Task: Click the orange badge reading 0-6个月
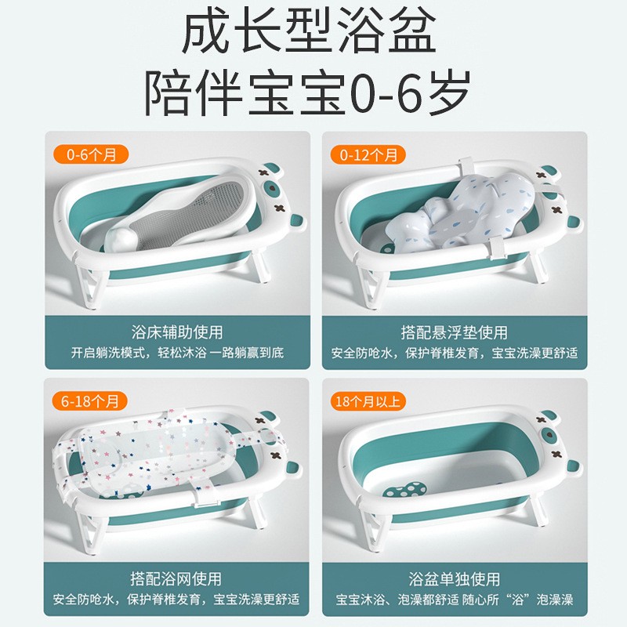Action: tap(91, 154)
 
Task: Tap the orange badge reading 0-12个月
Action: tap(368, 154)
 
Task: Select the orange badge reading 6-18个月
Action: tap(89, 401)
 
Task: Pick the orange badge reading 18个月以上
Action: tap(368, 401)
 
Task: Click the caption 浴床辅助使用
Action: tap(177, 332)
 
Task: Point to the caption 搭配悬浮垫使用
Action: tap(455, 332)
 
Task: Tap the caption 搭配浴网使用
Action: tap(176, 578)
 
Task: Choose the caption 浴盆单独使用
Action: tap(455, 578)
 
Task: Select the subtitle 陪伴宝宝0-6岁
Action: tap(307, 93)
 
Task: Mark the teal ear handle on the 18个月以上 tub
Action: tap(573, 468)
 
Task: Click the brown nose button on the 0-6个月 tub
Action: tap(270, 187)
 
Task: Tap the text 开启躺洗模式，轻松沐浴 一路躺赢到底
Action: tap(177, 353)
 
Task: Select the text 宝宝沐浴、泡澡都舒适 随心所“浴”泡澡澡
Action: tap(455, 600)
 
